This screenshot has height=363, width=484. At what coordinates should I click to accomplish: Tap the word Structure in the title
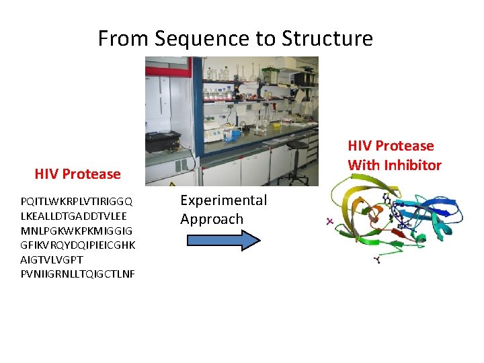coord(327,38)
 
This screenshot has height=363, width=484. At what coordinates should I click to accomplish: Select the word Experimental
coord(223,200)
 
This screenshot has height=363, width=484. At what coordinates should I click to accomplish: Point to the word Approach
coord(212,219)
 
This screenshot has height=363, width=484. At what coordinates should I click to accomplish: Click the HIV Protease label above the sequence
coord(77,174)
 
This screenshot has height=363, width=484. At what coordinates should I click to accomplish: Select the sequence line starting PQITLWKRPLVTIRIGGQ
coord(77,201)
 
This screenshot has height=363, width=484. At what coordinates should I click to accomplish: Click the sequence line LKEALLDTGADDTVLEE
coord(73,216)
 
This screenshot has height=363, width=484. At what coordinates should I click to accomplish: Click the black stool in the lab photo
coord(296,152)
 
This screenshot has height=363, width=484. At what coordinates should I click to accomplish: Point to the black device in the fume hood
coord(163,140)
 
